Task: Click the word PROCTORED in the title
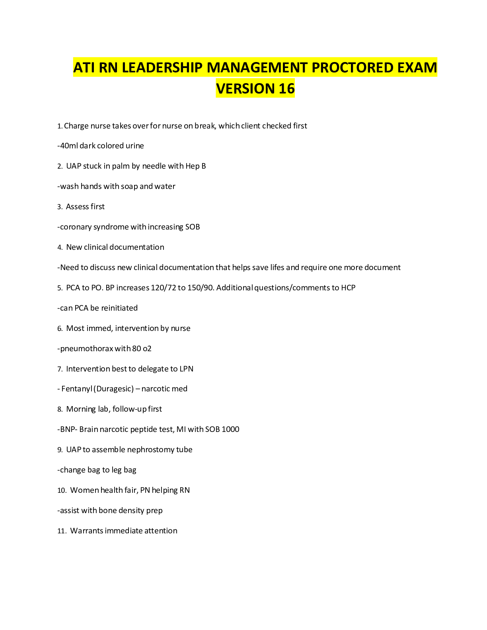[352, 68]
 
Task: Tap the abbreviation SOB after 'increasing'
[193, 227]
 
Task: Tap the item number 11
[62, 531]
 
